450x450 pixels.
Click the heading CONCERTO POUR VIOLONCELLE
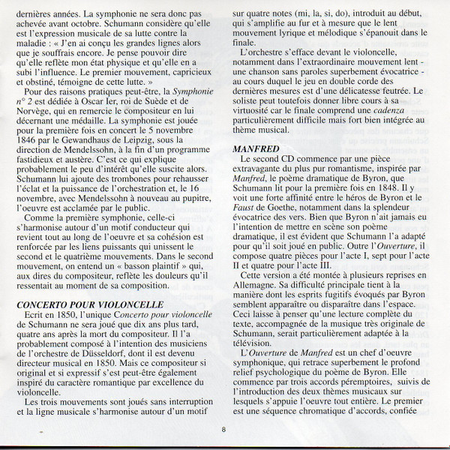100,304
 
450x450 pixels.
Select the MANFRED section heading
255,148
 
